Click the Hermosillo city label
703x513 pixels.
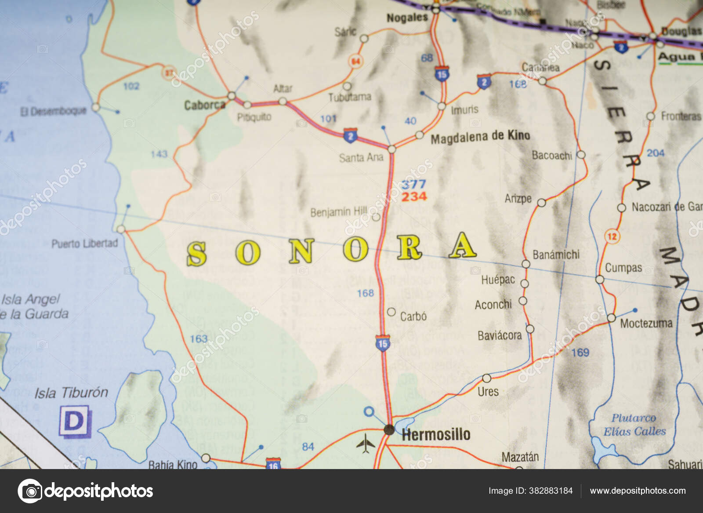[436, 434]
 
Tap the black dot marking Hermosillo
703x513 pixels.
[389, 429]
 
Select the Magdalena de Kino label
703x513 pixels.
[480, 137]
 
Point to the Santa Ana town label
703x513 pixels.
[361, 157]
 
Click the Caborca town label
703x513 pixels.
[205, 105]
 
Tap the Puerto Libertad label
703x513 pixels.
[85, 244]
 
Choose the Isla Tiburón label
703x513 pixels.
[71, 393]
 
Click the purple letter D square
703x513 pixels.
[75, 422]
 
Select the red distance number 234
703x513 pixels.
[414, 196]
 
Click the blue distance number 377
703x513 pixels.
[413, 184]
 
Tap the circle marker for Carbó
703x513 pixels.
[391, 312]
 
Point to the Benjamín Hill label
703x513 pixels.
[338, 212]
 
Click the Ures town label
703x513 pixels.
[488, 391]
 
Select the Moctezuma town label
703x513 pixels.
[646, 324]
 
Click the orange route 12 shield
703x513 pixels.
[612, 236]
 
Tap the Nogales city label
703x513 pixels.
[407, 18]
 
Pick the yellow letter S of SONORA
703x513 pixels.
[196, 254]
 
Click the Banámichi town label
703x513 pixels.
[556, 255]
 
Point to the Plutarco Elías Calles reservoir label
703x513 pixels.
[634, 425]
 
